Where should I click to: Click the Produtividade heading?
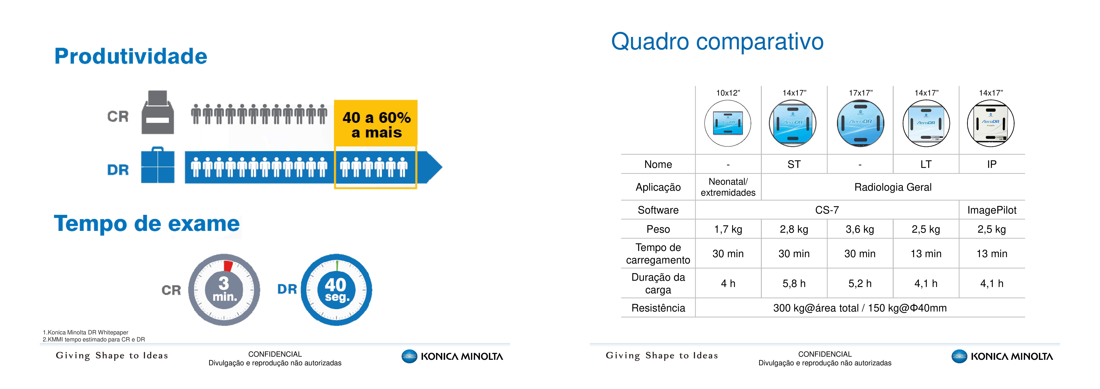tap(131, 56)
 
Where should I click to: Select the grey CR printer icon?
tap(158, 112)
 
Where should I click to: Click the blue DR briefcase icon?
tap(158, 165)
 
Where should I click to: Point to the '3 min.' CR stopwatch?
tap(224, 290)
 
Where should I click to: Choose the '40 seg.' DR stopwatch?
tap(336, 290)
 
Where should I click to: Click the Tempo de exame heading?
tap(147, 224)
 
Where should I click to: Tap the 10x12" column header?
tap(728, 93)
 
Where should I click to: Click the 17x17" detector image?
tap(860, 123)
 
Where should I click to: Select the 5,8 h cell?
tap(794, 283)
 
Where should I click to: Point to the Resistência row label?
tap(658, 308)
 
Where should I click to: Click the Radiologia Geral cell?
tap(893, 187)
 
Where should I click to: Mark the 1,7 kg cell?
tap(728, 229)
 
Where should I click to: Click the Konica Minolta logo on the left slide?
tap(452, 356)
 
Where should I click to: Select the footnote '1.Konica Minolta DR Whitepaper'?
tap(85, 332)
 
